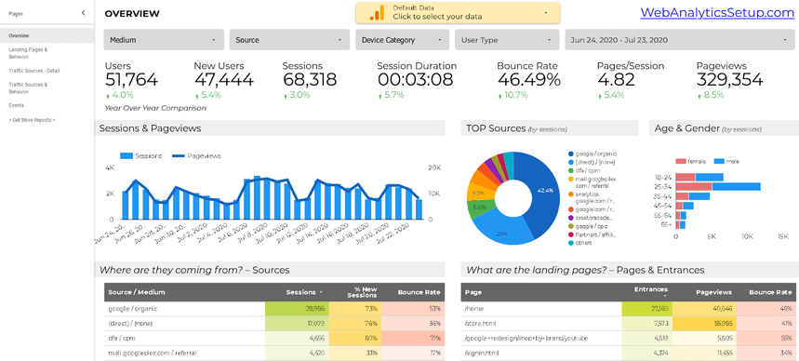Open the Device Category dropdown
[x=402, y=40]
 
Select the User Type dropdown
[x=506, y=40]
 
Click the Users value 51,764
[x=131, y=79]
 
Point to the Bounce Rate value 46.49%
[x=529, y=79]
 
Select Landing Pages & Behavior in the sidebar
[x=28, y=52]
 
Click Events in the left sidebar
[x=17, y=105]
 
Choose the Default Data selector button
[x=458, y=12]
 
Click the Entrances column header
[x=650, y=290]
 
